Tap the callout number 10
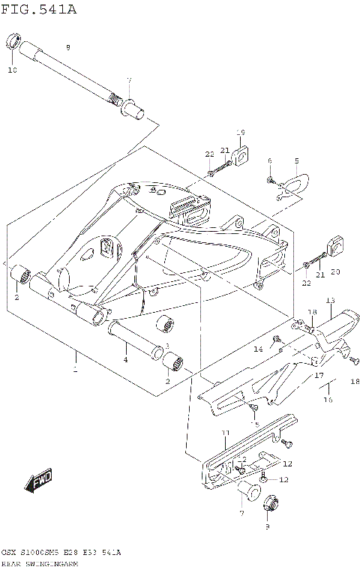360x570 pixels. coord(12,70)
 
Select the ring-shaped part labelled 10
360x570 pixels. coord(13,41)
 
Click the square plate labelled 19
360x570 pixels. coord(241,156)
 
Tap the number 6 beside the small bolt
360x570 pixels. coord(269,161)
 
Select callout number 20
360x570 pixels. coord(335,271)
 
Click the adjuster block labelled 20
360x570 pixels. coord(334,245)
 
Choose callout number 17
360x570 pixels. coord(318,375)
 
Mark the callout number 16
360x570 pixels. coord(327,400)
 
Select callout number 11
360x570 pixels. coord(224,434)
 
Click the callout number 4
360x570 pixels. coord(125,360)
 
